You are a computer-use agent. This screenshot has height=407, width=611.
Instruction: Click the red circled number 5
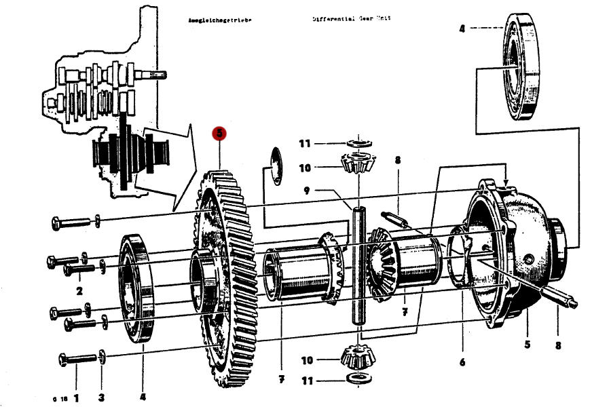(219, 134)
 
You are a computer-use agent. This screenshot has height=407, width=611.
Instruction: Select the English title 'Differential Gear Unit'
(352, 19)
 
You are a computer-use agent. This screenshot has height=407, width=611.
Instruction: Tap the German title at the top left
(219, 20)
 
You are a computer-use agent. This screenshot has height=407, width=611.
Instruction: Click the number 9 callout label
(307, 191)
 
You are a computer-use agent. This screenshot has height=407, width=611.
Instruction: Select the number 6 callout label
(462, 362)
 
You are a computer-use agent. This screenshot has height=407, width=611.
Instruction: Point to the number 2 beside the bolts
(79, 291)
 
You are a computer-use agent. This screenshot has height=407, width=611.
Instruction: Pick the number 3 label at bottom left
(101, 396)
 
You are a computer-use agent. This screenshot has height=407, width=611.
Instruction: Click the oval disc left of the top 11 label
(276, 164)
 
